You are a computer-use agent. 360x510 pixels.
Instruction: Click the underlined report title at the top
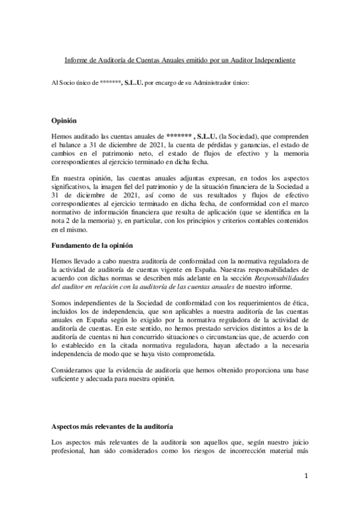tap(180, 61)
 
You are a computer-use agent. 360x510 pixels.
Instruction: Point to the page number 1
tap(306, 476)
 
